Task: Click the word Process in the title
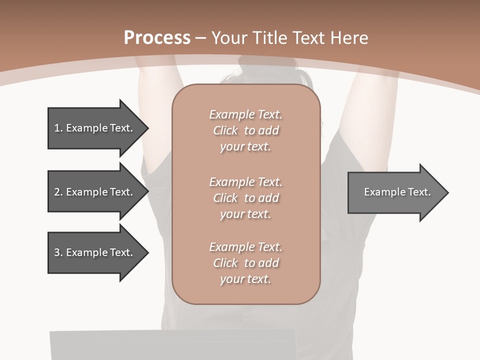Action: pos(157,38)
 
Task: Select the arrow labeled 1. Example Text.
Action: pos(95,128)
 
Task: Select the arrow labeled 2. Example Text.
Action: pos(95,192)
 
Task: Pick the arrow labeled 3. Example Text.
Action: pos(95,252)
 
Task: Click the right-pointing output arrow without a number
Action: pos(395,192)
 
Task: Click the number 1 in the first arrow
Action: pos(57,128)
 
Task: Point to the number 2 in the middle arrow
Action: pos(57,192)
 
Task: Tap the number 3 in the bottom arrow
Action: pos(57,252)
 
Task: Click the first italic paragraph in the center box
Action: pos(245,130)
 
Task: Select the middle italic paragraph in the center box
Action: pos(245,197)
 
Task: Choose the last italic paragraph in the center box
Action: pos(245,262)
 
